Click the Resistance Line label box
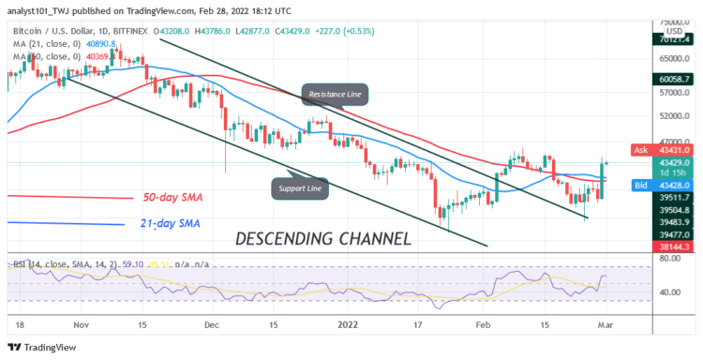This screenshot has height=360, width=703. coord(336,94)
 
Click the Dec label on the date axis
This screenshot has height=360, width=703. coord(211,323)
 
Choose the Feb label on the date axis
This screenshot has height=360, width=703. coord(484,323)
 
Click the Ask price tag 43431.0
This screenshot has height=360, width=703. coord(666,150)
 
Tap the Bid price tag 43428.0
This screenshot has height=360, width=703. coord(666,186)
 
